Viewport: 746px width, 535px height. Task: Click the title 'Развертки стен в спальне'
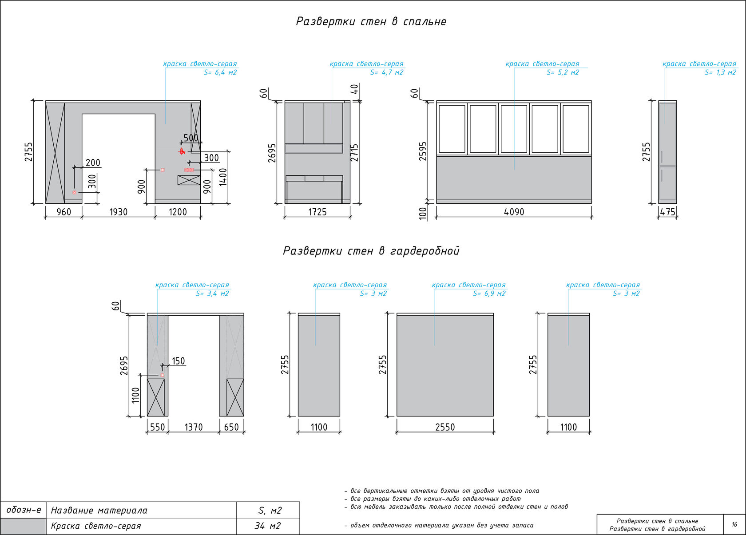click(371, 22)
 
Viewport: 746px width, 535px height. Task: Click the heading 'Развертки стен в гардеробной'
click(371, 251)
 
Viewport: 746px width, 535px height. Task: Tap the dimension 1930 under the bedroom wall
click(119, 212)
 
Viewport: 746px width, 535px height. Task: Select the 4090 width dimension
click(514, 212)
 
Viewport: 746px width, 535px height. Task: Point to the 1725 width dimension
click(317, 212)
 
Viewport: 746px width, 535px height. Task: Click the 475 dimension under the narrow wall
click(667, 212)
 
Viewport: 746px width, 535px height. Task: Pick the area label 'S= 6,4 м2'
click(220, 72)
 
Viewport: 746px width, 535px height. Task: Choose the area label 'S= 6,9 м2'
click(489, 293)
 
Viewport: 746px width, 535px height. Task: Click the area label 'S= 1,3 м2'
click(720, 72)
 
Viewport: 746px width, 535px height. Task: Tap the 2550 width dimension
click(445, 427)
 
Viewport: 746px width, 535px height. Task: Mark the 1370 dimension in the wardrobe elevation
click(194, 427)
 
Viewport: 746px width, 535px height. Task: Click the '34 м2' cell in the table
click(267, 526)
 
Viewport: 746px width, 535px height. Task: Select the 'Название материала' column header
click(99, 511)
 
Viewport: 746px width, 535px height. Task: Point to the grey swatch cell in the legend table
click(23, 526)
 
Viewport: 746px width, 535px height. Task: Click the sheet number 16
click(734, 524)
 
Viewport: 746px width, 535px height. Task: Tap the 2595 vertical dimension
click(423, 151)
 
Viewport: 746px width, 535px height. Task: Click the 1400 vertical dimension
click(223, 177)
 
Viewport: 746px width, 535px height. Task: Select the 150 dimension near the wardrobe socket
click(178, 361)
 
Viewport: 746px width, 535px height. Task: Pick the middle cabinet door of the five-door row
click(514, 129)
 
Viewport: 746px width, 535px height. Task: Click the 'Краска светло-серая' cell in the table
click(96, 526)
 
